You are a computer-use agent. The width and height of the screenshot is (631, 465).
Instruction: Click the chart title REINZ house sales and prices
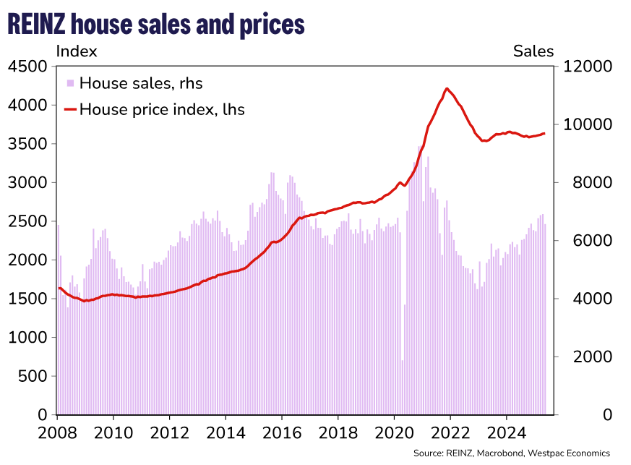click(156, 25)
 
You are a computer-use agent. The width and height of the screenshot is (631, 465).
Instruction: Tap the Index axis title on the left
click(77, 51)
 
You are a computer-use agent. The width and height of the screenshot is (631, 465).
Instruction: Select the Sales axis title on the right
click(533, 51)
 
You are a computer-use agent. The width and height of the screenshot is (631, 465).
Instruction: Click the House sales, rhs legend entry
click(134, 83)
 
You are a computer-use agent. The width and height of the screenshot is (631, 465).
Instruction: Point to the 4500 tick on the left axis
click(28, 67)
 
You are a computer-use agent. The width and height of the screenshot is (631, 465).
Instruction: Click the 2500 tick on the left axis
click(28, 221)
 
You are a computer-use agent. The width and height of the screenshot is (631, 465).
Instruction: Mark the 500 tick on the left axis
click(33, 376)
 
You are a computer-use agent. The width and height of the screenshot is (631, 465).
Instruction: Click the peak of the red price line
click(447, 89)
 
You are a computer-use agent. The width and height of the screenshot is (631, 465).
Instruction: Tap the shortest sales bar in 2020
click(402, 387)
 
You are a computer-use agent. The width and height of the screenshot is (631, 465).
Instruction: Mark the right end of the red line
click(544, 133)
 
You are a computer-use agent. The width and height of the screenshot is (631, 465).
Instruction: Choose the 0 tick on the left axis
click(43, 415)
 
